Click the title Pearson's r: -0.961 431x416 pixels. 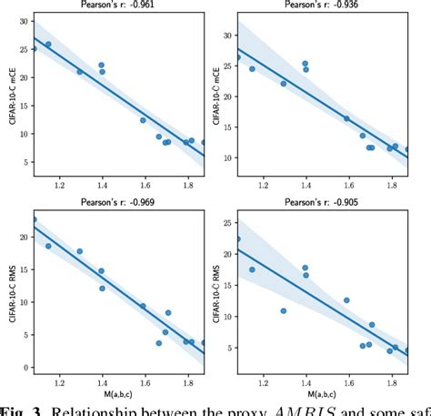[118, 5]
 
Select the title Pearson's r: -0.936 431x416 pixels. [321, 5]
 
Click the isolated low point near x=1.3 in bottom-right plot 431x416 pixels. [283, 310]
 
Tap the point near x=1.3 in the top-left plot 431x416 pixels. [79, 72]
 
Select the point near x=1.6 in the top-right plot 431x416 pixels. [346, 118]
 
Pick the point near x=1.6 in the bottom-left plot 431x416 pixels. [143, 306]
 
